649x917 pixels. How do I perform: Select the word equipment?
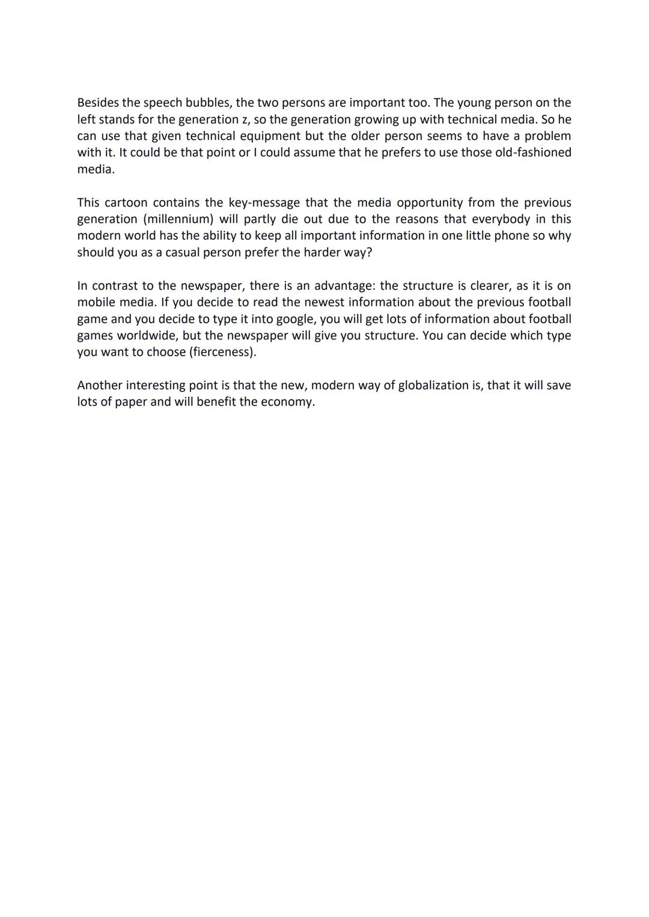point(268,136)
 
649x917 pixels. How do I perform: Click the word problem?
point(547,136)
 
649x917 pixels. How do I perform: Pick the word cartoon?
point(127,202)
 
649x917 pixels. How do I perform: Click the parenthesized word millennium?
point(178,219)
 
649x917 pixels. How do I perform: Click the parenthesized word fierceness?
point(222,352)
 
